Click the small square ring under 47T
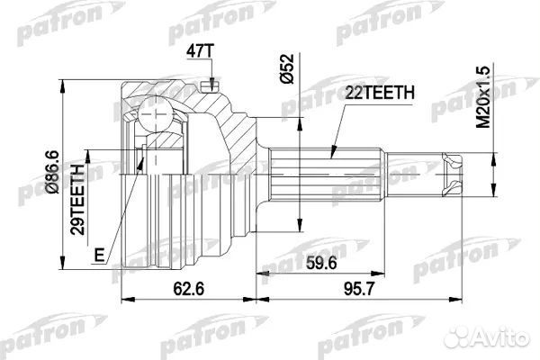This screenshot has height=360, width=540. [210, 86]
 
